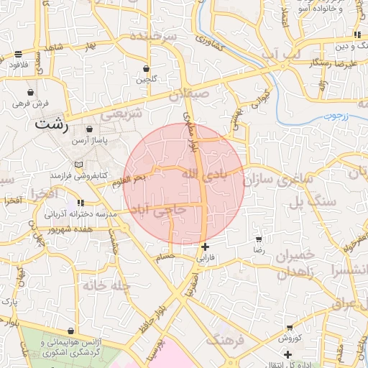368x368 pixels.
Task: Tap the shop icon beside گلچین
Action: [x=147, y=69]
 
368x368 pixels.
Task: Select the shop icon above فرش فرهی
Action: [x=30, y=93]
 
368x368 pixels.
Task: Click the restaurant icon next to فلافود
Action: [x=17, y=54]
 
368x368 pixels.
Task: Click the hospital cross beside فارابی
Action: [x=206, y=247]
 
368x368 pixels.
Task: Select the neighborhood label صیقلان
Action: [x=190, y=93]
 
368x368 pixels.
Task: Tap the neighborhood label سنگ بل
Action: [x=313, y=202]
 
